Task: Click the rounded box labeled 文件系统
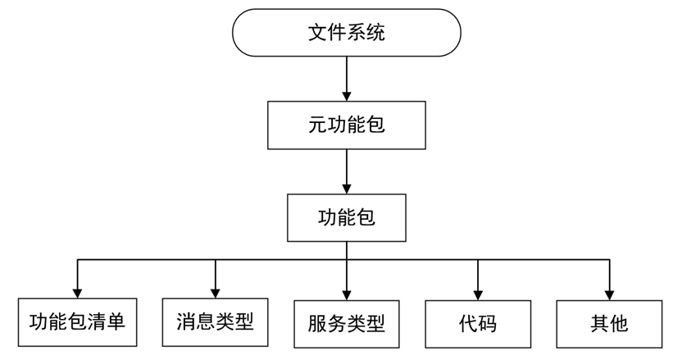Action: pos(347,33)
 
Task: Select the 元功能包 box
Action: pos(347,125)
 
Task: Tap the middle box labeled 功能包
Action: pos(347,217)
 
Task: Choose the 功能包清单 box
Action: pos(77,321)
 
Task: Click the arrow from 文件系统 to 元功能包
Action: pos(347,79)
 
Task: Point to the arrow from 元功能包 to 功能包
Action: pos(347,171)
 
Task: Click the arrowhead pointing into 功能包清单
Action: pos(77,291)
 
